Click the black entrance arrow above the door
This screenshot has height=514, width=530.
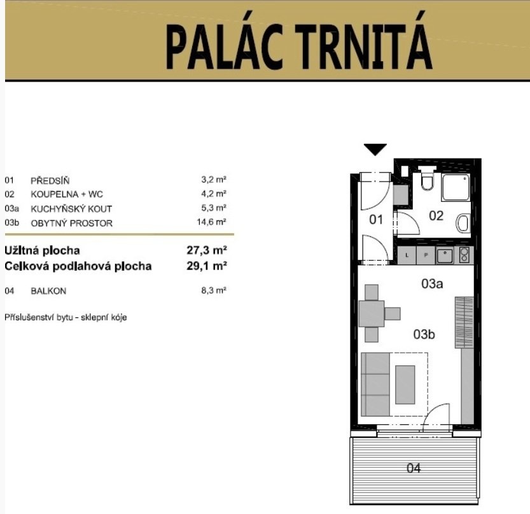point(375,149)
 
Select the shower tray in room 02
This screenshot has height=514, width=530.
point(456,187)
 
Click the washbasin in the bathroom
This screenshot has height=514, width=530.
point(463,223)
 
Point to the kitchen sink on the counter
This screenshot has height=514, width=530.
point(445,255)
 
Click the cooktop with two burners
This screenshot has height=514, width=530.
point(464,255)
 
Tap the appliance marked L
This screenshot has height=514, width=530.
point(407,255)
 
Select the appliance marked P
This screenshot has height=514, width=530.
point(426,255)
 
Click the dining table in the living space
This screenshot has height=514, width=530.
point(372,313)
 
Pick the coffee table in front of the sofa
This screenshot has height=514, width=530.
point(405,385)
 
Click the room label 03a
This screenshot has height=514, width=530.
point(432,283)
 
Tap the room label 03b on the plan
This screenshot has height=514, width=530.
point(424,334)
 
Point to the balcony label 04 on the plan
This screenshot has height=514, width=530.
point(414,468)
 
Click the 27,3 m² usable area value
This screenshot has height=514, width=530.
point(207,250)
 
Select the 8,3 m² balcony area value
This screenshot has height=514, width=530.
point(214,290)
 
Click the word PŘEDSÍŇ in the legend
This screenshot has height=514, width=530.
point(50,180)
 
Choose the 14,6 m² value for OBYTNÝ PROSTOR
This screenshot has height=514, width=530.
point(212,222)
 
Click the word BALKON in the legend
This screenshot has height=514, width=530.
point(48,291)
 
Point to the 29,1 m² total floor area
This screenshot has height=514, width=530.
point(207,266)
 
